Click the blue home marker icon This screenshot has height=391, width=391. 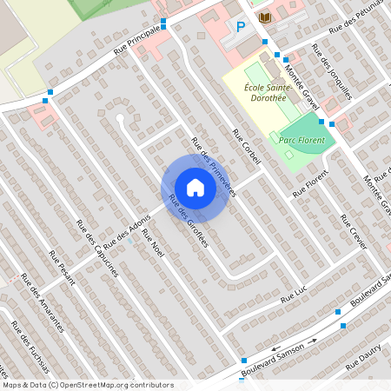click(x=195, y=188)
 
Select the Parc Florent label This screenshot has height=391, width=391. click(x=302, y=139)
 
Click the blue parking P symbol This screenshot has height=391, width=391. click(x=241, y=27)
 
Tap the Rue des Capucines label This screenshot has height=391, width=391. click(x=101, y=249)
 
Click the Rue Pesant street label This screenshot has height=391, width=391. click(x=63, y=267)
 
